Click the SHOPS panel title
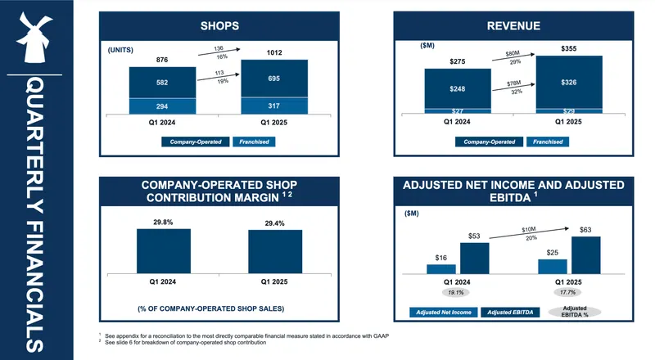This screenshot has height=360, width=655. click(x=219, y=26)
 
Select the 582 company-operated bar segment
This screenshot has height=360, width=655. click(x=161, y=82)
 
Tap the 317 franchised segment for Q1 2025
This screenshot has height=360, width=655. click(x=273, y=106)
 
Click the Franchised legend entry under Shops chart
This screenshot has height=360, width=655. click(x=255, y=142)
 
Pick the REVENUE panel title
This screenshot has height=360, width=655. click(x=513, y=26)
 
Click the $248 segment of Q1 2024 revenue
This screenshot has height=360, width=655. click(x=457, y=88)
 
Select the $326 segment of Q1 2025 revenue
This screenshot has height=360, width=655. click(x=569, y=82)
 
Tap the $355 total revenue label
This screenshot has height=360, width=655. click(x=569, y=49)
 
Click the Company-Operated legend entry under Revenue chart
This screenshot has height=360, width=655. click(x=490, y=142)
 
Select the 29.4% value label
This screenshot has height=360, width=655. click(x=274, y=223)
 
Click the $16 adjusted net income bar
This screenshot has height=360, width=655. click(x=441, y=268)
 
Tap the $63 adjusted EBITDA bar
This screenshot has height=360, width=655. click(x=586, y=254)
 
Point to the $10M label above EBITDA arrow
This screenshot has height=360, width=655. click(x=530, y=230)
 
